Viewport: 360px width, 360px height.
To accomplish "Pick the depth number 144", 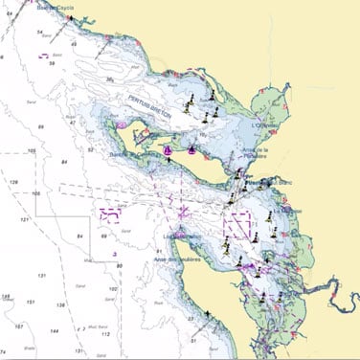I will point(54,329).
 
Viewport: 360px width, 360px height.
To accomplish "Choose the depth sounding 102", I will point(112,288).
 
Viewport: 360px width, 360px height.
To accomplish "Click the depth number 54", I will point(39,33).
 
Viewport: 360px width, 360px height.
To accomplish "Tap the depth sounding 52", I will point(91,149).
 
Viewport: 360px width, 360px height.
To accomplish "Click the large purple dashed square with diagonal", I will point(236,226).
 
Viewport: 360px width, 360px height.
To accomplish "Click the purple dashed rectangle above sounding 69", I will point(111,215).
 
